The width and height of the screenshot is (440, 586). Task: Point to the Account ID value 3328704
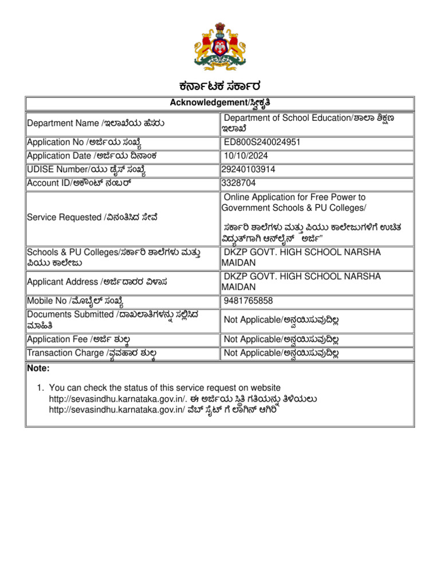(x=239, y=183)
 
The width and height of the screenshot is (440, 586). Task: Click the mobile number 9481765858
(x=249, y=301)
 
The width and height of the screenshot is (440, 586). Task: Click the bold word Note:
(x=38, y=369)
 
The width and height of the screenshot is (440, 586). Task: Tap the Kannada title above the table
(x=219, y=86)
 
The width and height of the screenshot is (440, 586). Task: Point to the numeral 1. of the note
(x=40, y=388)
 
